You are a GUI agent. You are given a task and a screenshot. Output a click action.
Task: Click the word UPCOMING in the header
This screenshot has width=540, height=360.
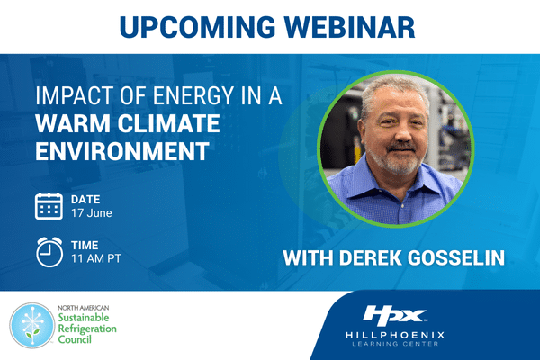197,27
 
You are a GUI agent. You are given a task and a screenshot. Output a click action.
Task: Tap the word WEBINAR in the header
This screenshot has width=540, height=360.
350,27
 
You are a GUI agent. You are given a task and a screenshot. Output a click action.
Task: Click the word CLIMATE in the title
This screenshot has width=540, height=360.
169,123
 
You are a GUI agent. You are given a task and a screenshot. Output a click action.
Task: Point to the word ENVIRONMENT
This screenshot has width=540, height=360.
122,151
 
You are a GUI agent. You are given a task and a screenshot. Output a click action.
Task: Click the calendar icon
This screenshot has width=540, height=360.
49,206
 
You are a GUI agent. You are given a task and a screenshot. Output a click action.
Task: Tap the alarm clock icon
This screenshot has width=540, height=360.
49,252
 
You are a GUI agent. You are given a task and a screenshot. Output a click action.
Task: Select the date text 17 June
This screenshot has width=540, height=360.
92,213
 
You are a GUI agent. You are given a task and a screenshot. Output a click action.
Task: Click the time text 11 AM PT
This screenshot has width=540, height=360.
96,258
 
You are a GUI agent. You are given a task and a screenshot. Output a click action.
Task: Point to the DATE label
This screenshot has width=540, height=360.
85,200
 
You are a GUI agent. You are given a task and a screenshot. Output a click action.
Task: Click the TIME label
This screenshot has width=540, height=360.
85,246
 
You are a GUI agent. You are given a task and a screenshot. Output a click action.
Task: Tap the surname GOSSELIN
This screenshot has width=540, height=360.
456,257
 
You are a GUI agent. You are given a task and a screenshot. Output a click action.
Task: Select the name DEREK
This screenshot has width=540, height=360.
370,257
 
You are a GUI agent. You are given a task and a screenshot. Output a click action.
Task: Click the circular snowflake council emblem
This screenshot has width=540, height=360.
32,325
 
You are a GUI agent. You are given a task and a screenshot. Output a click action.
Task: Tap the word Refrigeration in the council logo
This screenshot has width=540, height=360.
87,328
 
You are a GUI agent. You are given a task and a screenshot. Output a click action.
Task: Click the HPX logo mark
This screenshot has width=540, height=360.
395,315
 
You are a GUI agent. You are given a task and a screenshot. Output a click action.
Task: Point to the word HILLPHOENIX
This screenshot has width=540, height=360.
395,335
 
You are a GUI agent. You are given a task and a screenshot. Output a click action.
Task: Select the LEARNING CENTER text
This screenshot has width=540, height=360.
395,344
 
